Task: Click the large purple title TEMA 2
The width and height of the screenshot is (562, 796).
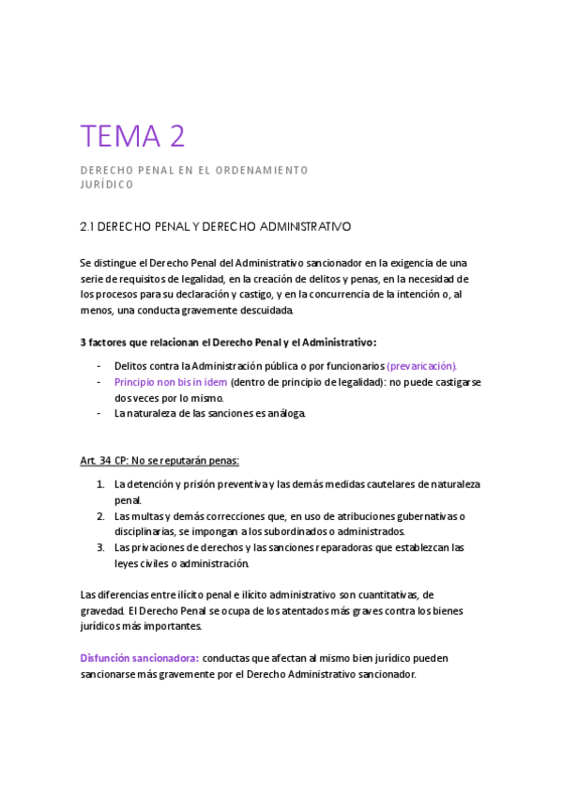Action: pyautogui.click(x=132, y=137)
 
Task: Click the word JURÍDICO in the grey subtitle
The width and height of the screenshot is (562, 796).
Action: pyautogui.click(x=107, y=185)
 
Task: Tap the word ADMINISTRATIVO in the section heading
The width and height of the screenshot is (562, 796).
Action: pyautogui.click(x=302, y=227)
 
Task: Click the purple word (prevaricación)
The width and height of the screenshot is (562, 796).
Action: pyautogui.click(x=422, y=365)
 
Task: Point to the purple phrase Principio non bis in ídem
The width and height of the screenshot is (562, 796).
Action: pyautogui.click(x=171, y=382)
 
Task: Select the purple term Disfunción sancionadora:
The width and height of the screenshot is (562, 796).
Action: pyautogui.click(x=138, y=658)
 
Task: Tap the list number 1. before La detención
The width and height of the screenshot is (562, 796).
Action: pyautogui.click(x=100, y=484)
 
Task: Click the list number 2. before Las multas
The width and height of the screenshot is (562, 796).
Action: pyautogui.click(x=100, y=516)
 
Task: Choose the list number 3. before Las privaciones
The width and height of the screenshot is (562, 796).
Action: pyautogui.click(x=100, y=547)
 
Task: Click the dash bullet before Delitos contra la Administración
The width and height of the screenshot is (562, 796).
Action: pyautogui.click(x=99, y=365)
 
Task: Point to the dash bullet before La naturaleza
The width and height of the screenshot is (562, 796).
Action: pyautogui.click(x=99, y=413)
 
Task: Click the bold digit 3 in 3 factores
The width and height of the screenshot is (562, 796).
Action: pyautogui.click(x=84, y=341)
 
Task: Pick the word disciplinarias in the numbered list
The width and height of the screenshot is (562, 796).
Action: pyautogui.click(x=146, y=531)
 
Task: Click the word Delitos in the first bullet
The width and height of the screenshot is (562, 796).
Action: pyautogui.click(x=131, y=365)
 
